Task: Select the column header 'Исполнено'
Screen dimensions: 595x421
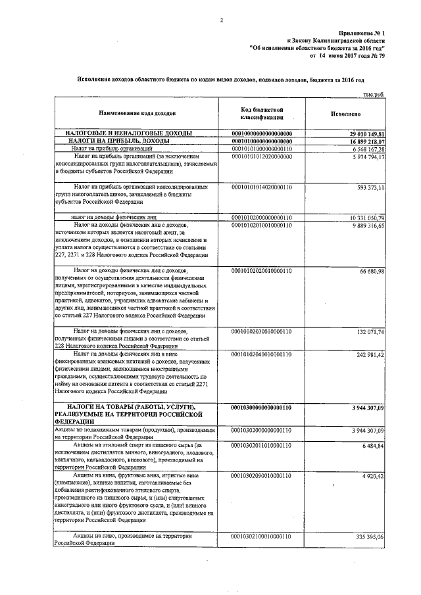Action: click(344, 112)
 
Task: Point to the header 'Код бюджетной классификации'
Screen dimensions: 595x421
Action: click(261, 112)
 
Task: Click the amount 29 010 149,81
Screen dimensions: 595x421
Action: click(367, 133)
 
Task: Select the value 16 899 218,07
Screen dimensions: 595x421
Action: click(367, 141)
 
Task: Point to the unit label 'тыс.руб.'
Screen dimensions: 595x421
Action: click(373, 95)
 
